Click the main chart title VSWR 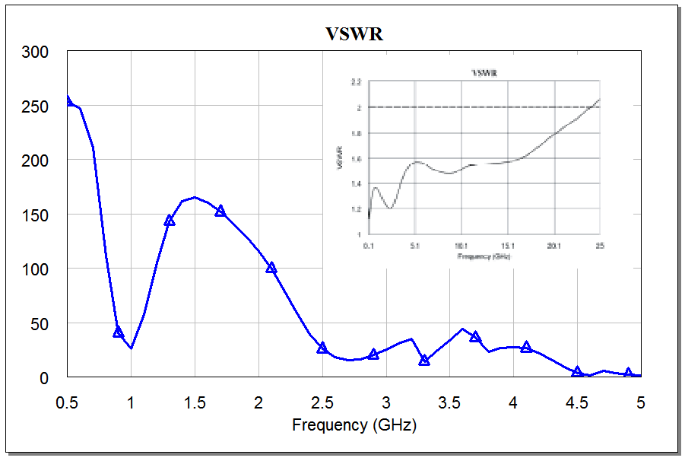coord(354,34)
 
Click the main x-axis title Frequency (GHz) coord(354,424)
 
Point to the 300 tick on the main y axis coord(35,52)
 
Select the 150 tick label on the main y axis coord(35,215)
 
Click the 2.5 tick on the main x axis coord(322,402)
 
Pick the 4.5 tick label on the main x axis coord(578,402)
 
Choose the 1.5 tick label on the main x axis coord(195,402)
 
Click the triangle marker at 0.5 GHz coord(68,100)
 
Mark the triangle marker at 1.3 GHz coord(170,220)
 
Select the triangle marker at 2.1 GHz coord(271,267)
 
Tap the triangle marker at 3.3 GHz coord(424,360)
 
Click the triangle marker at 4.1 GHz coord(526,347)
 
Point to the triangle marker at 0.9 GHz coord(119,332)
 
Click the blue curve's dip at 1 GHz coord(132,348)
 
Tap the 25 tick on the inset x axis coord(599,246)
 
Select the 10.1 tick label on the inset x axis coord(461,246)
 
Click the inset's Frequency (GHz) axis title coord(484,256)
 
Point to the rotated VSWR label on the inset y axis coord(341,157)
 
